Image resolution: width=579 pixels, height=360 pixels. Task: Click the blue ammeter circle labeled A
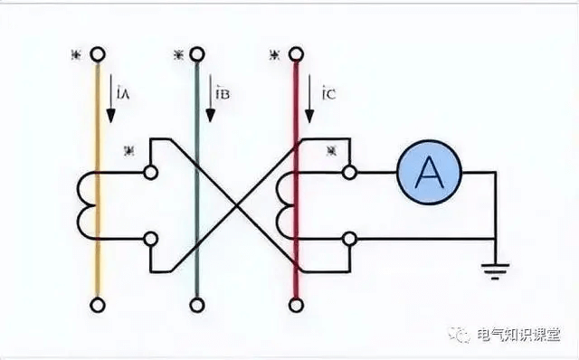tap(429, 170)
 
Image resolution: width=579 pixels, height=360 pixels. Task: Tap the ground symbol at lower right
tap(493, 267)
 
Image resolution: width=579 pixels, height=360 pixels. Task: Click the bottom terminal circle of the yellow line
tap(97, 303)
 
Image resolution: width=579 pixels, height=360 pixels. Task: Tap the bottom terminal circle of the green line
tap(196, 303)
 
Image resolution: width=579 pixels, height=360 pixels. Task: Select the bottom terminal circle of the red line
tap(295, 303)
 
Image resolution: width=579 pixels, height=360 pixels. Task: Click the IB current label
tap(223, 92)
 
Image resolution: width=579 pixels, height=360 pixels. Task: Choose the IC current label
tap(331, 92)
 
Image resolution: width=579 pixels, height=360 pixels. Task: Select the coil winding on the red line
tap(288, 204)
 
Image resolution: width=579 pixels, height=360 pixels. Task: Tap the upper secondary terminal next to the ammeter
tap(350, 170)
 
